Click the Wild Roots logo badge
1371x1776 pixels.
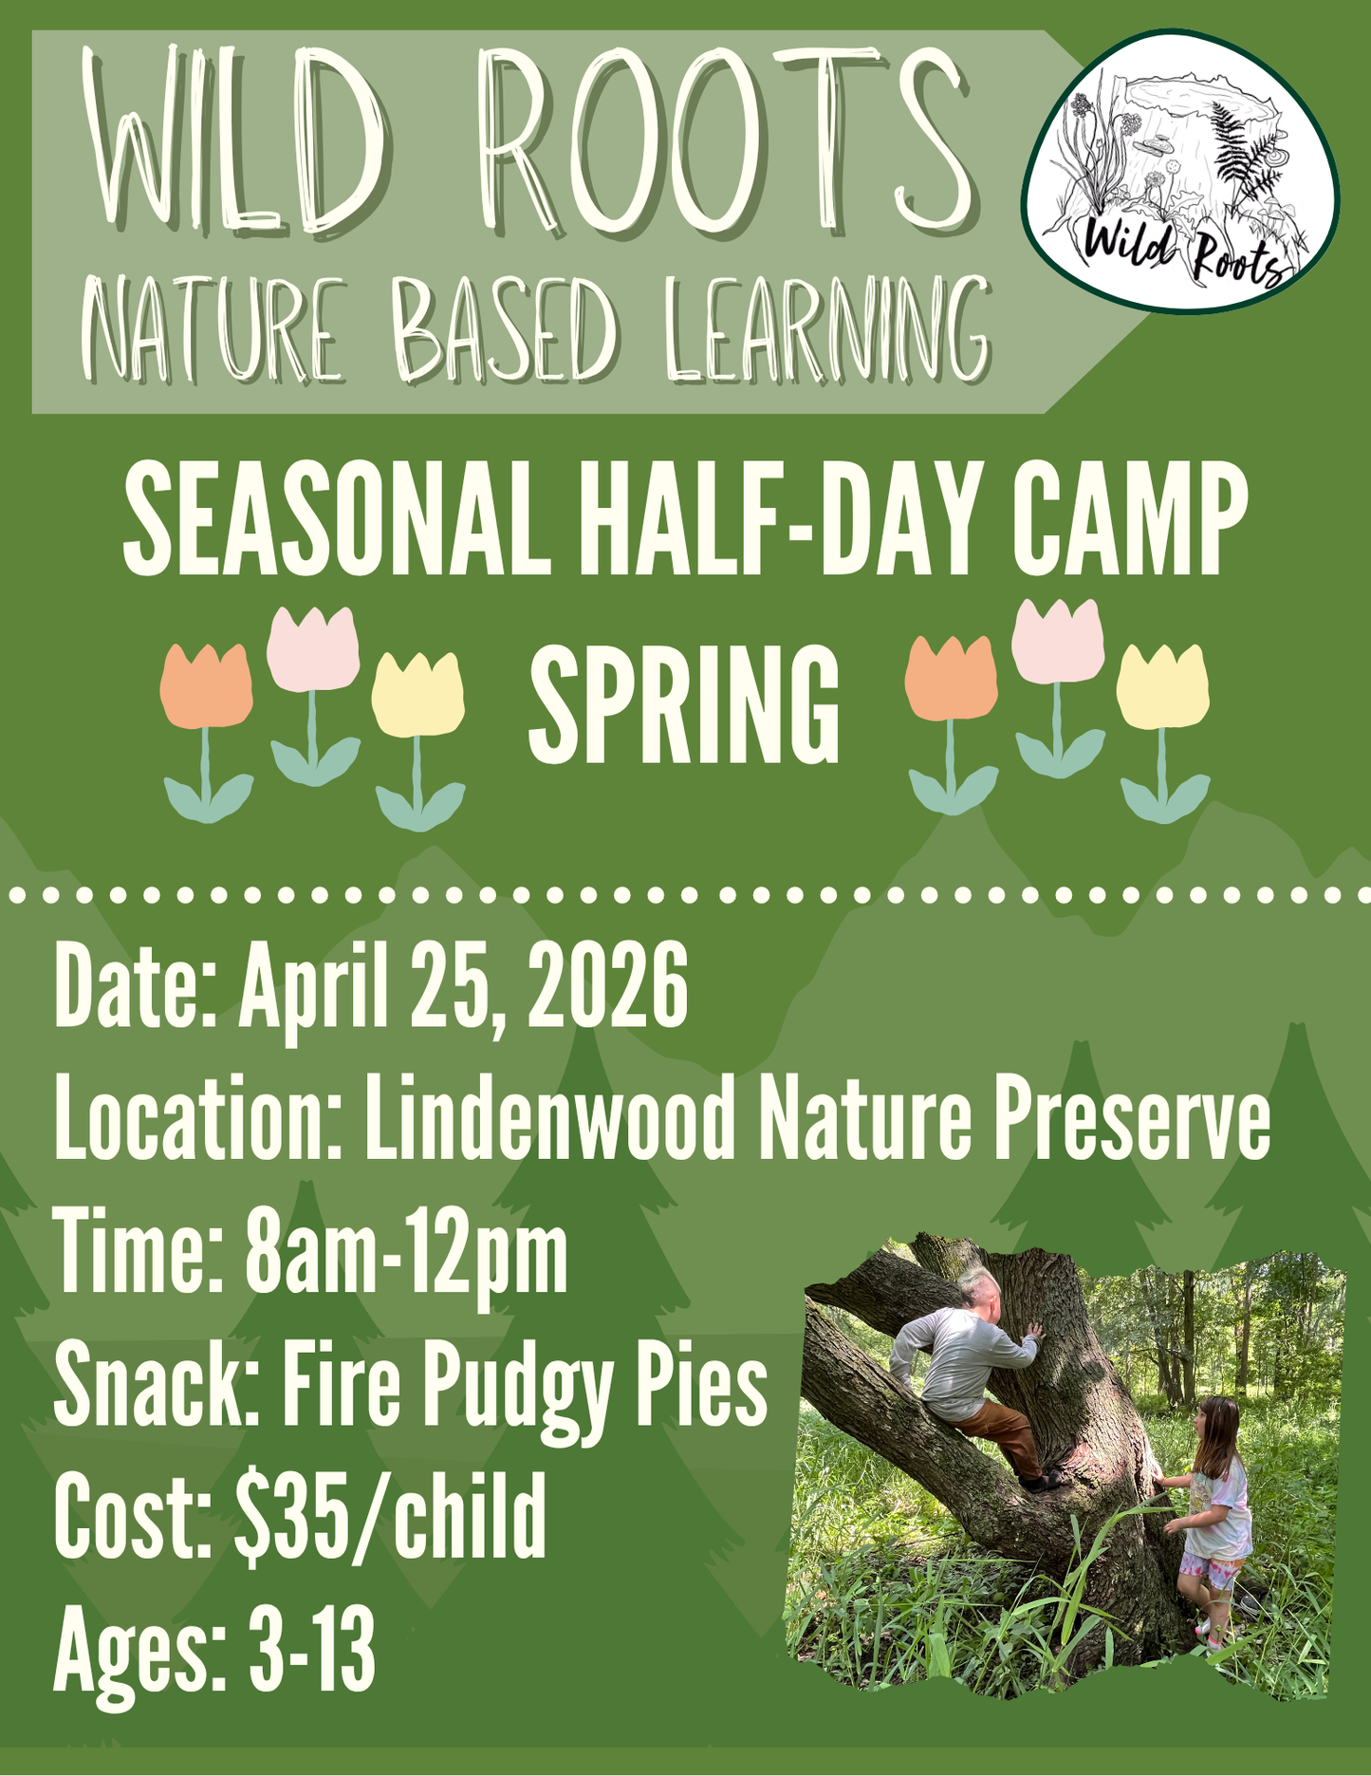(x=1179, y=171)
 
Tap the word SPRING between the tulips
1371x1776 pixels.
(x=683, y=703)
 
